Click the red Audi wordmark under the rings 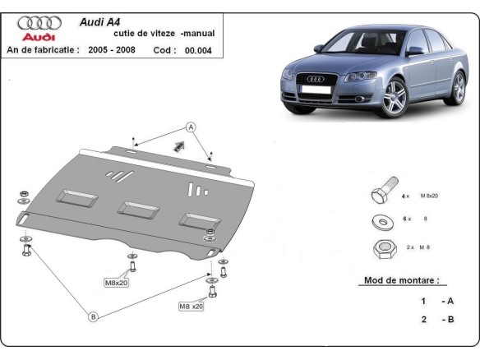click(x=38, y=37)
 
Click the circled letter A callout click(x=190, y=127)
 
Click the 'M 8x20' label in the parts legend click(x=430, y=196)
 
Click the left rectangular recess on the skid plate click(x=76, y=196)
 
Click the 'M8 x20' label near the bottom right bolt click(x=192, y=307)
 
